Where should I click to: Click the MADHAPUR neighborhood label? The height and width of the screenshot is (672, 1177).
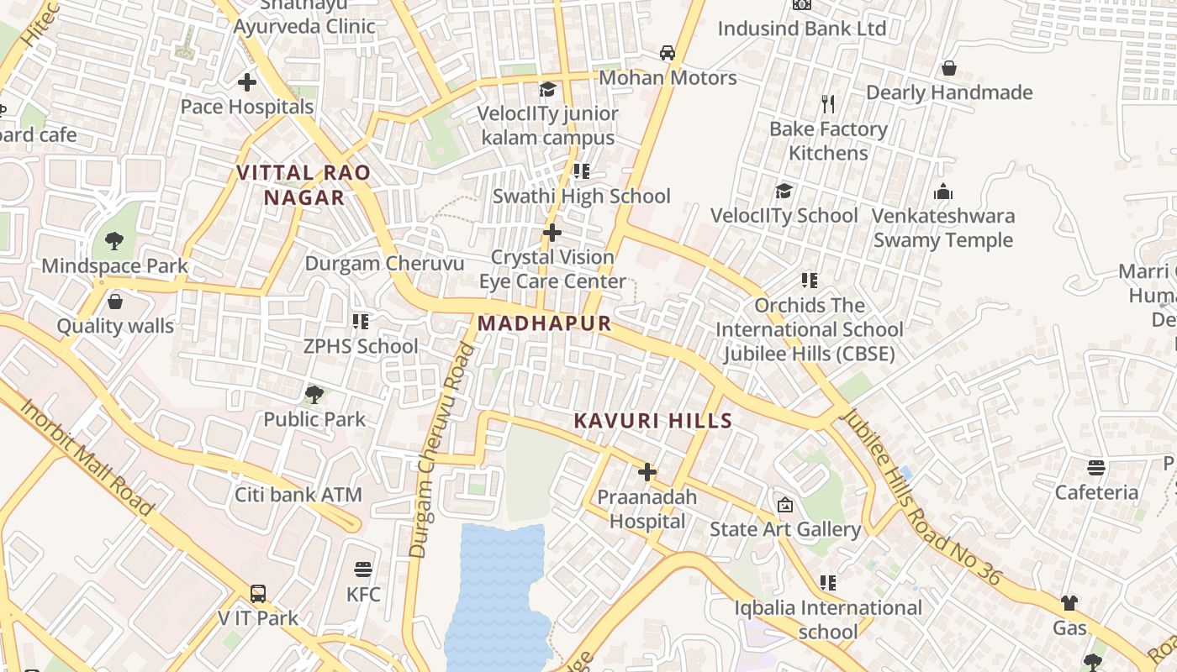tap(544, 323)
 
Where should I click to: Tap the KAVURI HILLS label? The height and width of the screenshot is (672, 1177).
tap(653, 421)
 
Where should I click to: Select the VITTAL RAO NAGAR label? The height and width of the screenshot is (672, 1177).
tap(303, 185)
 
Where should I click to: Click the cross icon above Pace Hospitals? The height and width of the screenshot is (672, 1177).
tap(247, 82)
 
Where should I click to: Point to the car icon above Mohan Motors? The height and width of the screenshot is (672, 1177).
tap(668, 53)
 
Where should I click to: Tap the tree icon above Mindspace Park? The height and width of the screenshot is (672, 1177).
tap(114, 242)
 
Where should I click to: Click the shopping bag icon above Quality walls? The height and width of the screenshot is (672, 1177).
tap(115, 302)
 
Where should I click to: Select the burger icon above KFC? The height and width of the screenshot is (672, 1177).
tap(363, 570)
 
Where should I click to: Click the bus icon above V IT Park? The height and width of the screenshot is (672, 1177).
tap(258, 593)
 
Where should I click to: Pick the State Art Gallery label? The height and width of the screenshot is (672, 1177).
tap(785, 529)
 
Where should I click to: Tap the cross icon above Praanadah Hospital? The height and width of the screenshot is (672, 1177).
tap(647, 472)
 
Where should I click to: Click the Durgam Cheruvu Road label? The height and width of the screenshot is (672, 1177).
tap(441, 449)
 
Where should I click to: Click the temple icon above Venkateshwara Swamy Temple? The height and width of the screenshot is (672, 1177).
tap(943, 192)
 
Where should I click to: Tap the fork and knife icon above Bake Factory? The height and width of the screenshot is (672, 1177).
tap(828, 104)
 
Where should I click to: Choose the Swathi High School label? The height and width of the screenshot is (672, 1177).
tap(581, 197)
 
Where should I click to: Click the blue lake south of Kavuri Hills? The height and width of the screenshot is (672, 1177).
tap(496, 596)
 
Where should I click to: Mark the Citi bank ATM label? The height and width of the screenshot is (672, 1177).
tap(298, 495)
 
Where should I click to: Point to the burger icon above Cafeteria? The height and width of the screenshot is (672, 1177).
tap(1096, 467)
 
